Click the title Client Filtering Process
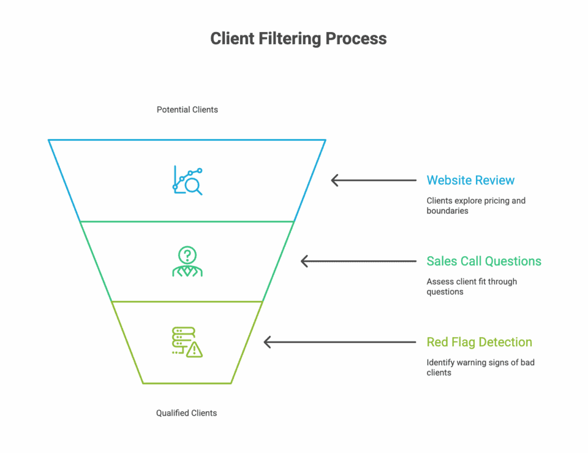(x=298, y=38)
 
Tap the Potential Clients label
(x=187, y=109)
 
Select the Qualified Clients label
(x=187, y=413)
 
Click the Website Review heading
(x=470, y=180)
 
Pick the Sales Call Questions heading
(x=483, y=261)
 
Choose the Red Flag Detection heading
(x=479, y=342)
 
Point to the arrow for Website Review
(x=373, y=180)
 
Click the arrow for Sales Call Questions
(x=358, y=261)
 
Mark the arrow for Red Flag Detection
(x=339, y=342)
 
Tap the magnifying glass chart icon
(x=188, y=180)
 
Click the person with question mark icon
(x=187, y=262)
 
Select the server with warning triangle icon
(x=187, y=342)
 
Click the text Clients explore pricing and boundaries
(x=475, y=206)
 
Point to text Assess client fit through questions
(x=471, y=286)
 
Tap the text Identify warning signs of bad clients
(x=480, y=367)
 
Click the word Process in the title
(x=356, y=38)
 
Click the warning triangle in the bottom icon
(x=195, y=349)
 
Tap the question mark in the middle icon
(x=187, y=254)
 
